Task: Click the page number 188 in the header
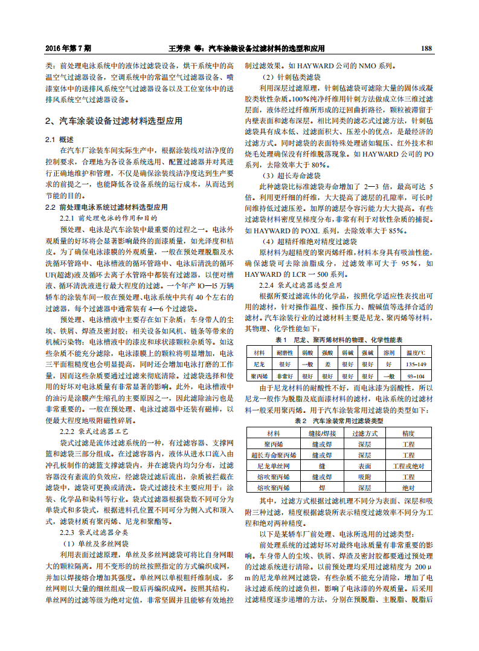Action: (x=426, y=48)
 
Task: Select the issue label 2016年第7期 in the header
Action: (x=68, y=48)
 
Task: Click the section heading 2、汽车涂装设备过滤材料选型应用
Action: (x=114, y=120)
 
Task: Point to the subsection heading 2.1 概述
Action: (x=59, y=140)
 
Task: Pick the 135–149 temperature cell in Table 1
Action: (x=416, y=364)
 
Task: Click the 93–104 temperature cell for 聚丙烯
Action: (x=416, y=376)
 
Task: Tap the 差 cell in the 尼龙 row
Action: (x=327, y=364)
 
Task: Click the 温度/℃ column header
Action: (x=416, y=352)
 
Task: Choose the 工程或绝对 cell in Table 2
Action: (x=408, y=466)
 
